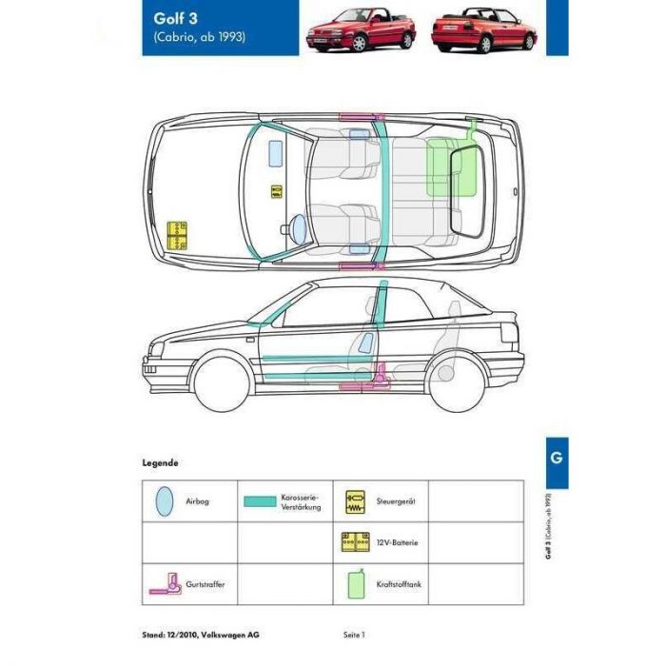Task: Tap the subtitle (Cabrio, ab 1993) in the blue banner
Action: coord(200,37)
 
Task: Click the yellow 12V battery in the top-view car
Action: coord(177,235)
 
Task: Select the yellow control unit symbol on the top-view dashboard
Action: coord(277,191)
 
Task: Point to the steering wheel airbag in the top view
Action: coord(299,229)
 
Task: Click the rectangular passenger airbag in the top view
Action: coord(276,153)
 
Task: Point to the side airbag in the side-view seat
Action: coord(366,343)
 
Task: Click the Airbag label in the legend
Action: coord(198,501)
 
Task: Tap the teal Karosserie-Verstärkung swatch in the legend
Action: coord(260,501)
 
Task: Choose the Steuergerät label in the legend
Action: coord(396,501)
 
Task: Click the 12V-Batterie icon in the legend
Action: coord(356,542)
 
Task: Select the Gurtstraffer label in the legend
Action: coord(206,584)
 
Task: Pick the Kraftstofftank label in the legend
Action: coord(399,584)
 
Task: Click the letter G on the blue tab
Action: coord(557,458)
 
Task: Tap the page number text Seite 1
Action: coord(354,635)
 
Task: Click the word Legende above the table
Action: coord(160,463)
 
